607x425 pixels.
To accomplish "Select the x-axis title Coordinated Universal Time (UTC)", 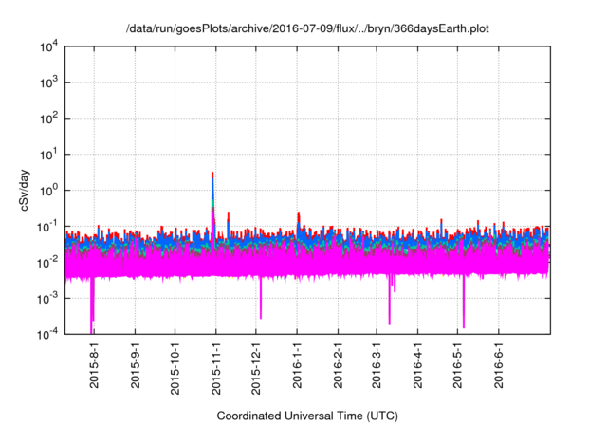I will tap(307, 416).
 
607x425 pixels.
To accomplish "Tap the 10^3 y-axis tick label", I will tap(49, 83).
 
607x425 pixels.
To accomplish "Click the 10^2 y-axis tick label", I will tap(49, 119).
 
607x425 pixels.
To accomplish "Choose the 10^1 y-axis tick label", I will tap(49, 154).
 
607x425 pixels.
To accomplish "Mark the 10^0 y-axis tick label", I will tap(49, 190).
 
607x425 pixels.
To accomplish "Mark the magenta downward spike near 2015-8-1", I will tap(92, 313).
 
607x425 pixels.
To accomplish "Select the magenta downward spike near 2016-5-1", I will tap(464, 313).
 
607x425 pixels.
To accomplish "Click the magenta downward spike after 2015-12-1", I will tap(261, 305).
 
